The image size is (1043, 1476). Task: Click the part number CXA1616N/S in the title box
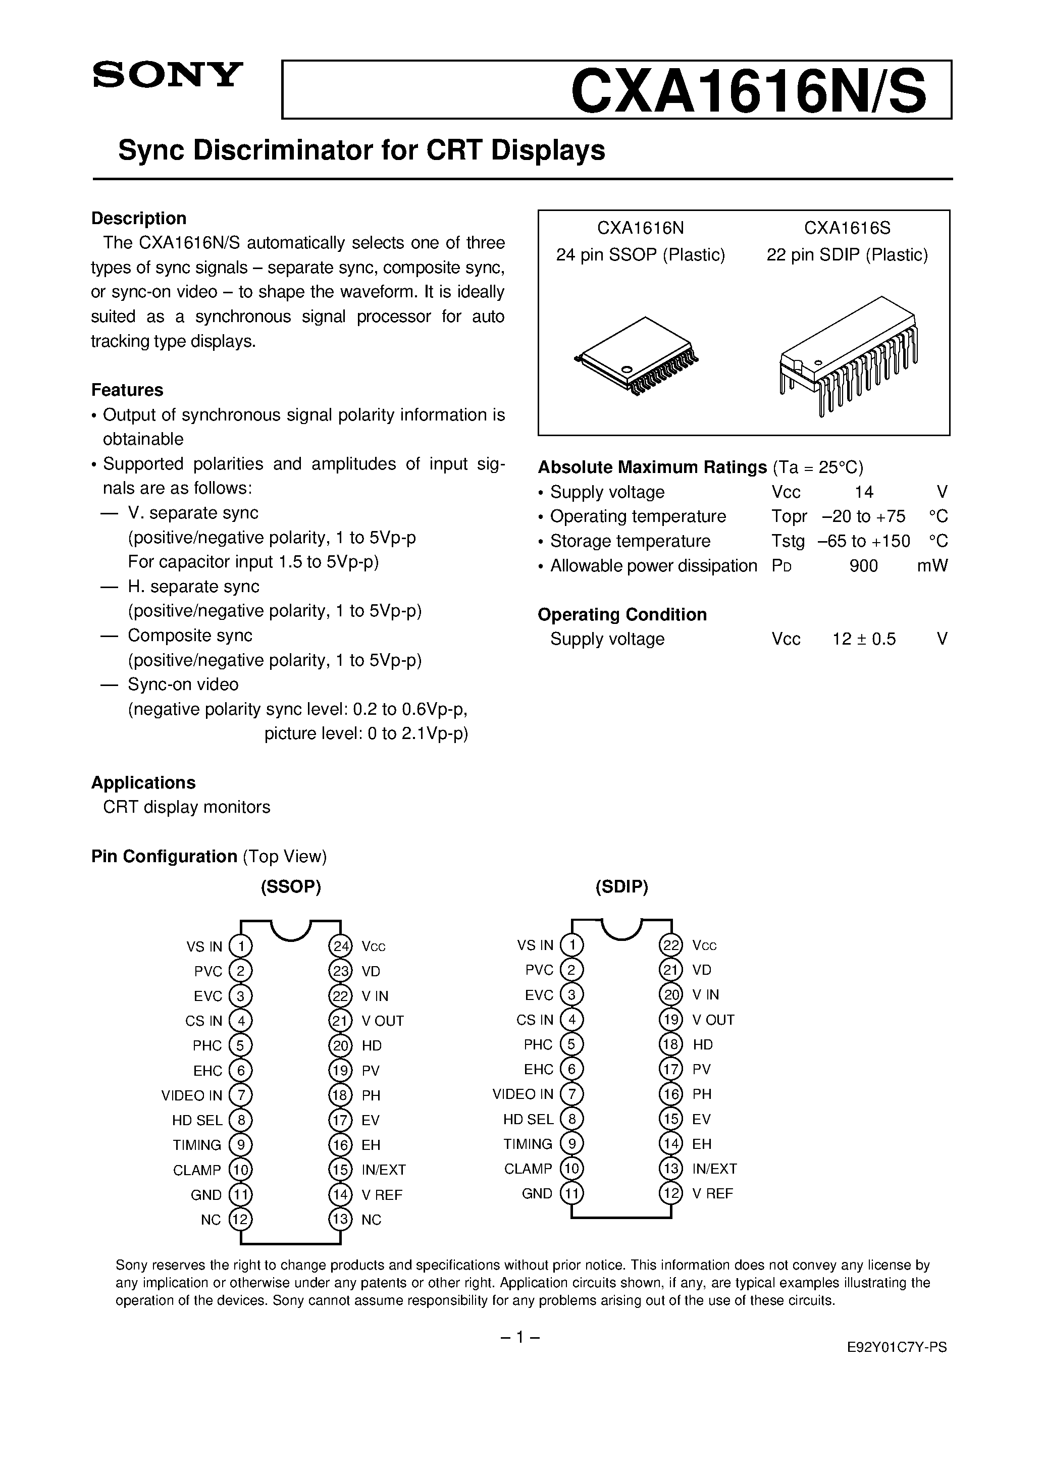749,91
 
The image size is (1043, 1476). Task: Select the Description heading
138,219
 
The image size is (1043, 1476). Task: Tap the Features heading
127,390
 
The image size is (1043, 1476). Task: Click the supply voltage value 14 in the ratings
864,493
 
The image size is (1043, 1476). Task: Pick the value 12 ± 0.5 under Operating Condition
864,639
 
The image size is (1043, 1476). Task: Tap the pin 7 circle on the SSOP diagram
240,1095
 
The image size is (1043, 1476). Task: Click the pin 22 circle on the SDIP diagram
671,945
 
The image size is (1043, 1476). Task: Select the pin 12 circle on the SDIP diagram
671,1194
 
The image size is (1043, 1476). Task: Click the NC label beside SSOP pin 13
371,1220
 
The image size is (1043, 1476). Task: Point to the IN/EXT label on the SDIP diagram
714,1169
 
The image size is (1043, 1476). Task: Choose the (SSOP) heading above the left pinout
291,887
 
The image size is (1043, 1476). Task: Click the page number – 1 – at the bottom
519,1338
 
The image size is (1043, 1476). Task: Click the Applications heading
143,783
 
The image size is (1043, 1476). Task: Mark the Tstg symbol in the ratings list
787,541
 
